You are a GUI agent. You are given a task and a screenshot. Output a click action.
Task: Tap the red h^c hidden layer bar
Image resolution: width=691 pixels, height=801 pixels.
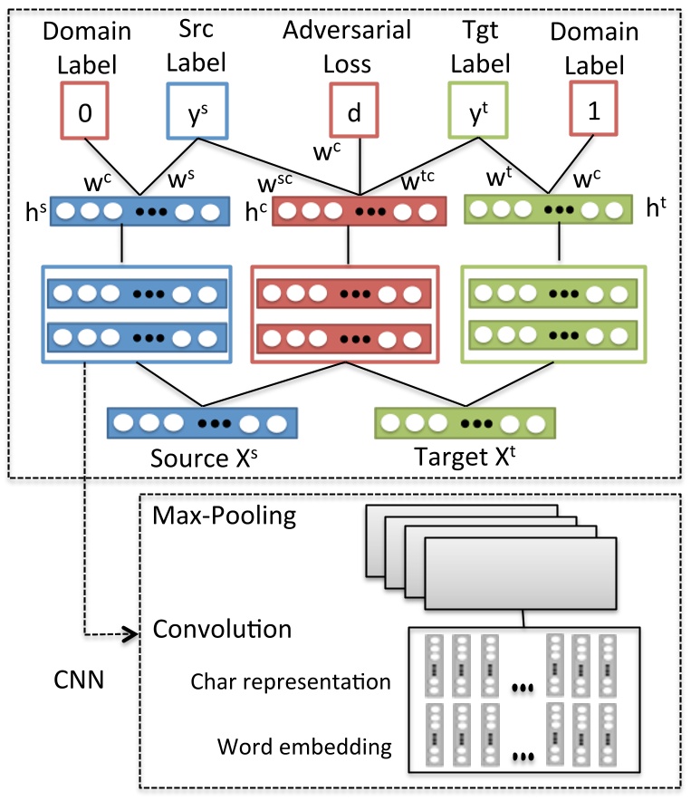point(359,213)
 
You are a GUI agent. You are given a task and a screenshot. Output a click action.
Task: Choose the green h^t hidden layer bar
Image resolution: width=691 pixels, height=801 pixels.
point(547,211)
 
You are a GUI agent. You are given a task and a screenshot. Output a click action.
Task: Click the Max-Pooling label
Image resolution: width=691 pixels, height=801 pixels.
point(224,516)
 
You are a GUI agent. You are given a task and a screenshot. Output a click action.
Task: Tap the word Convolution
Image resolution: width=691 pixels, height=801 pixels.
point(222,629)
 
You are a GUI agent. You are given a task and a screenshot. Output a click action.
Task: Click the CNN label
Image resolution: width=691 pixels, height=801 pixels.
point(79,679)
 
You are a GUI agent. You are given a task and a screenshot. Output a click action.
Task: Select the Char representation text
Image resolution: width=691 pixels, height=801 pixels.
point(291,681)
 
